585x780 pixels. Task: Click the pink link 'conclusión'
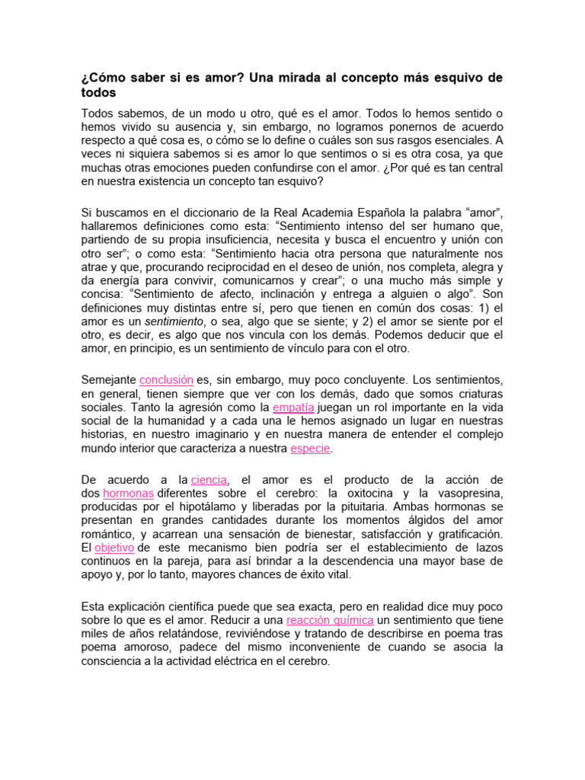point(166,379)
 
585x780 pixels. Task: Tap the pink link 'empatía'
point(293,408)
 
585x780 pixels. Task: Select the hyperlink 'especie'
point(310,449)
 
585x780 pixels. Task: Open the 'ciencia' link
point(209,479)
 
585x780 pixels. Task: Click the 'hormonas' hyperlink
point(128,493)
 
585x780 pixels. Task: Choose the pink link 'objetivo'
point(113,548)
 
